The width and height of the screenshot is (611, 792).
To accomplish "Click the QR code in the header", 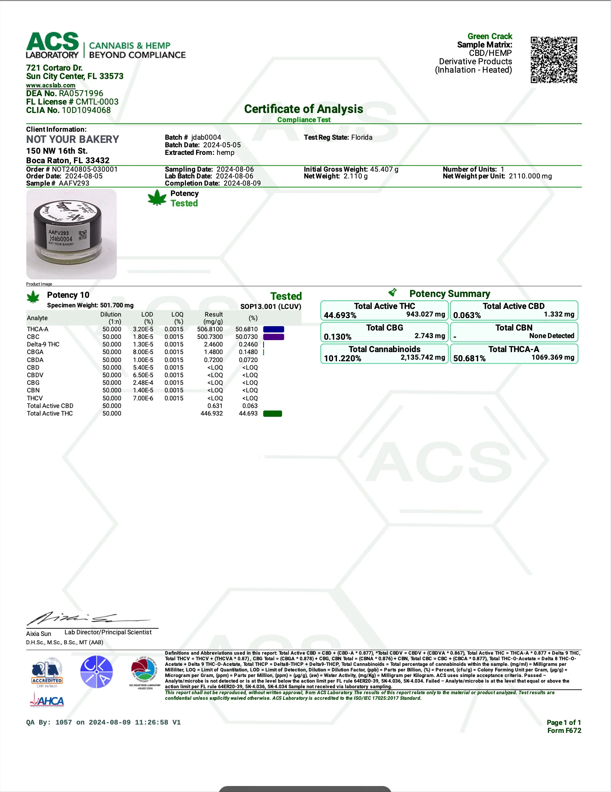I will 553,60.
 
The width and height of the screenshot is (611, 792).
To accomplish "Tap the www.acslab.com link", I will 51,85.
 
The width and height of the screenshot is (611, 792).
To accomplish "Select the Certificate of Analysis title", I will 304,109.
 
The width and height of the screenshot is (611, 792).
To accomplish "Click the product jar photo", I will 71,234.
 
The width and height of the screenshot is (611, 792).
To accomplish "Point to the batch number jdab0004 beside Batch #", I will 206,137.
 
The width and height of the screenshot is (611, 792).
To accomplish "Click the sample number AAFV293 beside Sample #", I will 74,183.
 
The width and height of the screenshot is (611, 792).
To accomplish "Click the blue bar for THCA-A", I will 274,329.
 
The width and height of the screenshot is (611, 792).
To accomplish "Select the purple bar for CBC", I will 274,337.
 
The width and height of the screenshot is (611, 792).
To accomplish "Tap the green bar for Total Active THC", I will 272,414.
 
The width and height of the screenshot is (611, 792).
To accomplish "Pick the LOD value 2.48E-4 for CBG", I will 143,383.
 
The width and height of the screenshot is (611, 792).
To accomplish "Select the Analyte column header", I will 37,318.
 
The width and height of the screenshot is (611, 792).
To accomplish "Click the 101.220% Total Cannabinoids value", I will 342,358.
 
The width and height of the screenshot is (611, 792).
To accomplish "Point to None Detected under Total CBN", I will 551,336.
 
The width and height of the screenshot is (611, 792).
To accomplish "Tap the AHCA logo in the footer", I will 47,701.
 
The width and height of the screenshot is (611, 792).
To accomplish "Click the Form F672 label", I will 564,731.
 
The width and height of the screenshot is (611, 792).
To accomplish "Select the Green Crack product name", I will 490,36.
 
